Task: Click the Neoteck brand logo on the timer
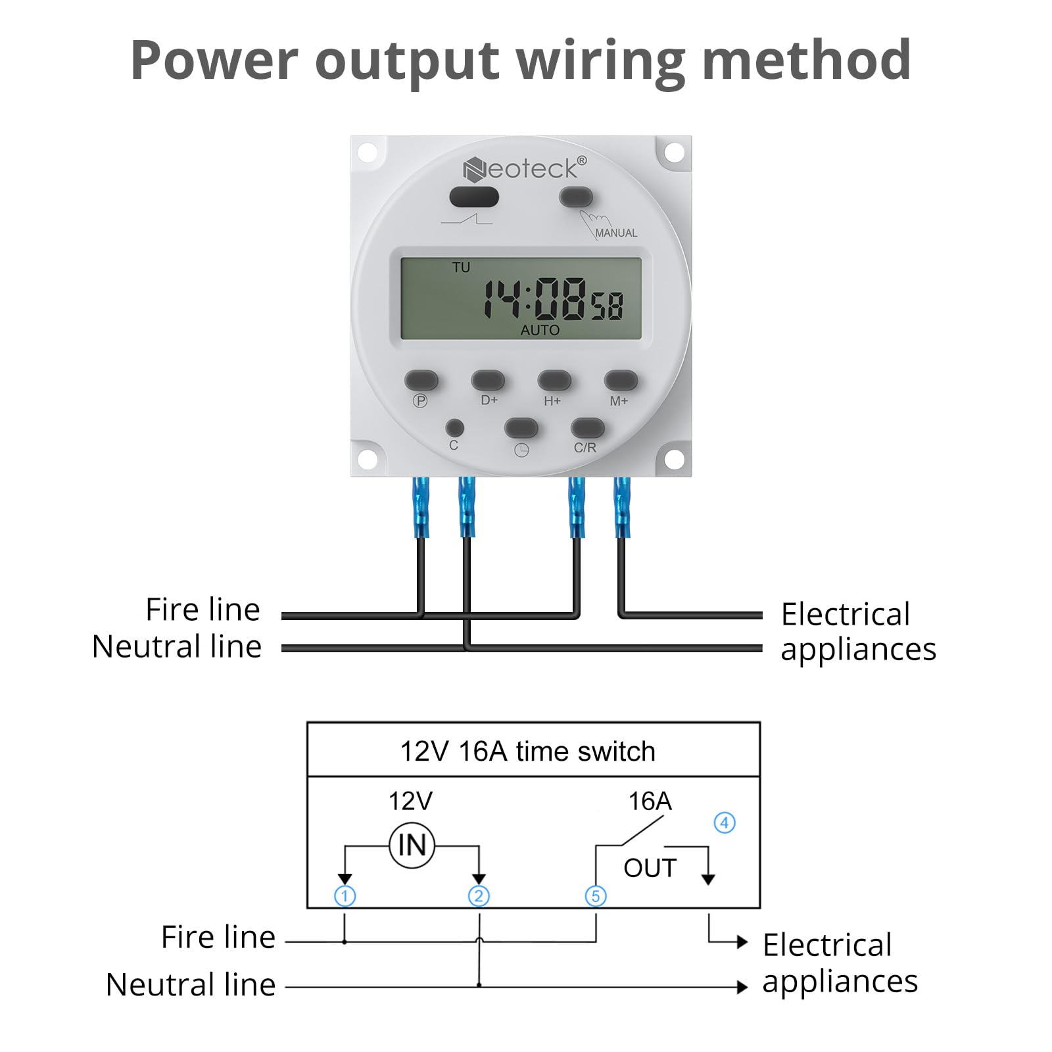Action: point(524,169)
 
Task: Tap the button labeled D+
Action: point(488,380)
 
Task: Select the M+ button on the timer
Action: point(621,380)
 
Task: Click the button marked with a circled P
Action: point(421,380)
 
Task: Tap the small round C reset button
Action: point(454,428)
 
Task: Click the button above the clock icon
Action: point(521,429)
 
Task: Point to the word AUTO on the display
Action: point(540,330)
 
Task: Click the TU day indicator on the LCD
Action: point(461,268)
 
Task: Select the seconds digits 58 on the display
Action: point(607,306)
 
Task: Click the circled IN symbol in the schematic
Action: point(412,845)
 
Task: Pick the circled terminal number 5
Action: point(596,896)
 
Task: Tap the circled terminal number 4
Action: point(725,823)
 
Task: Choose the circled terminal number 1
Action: point(345,896)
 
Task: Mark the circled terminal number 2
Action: point(479,896)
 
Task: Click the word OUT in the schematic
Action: point(650,869)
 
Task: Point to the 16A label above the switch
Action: point(650,801)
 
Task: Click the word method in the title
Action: point(807,60)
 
